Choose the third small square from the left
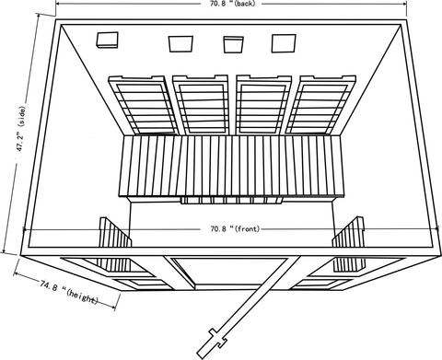coord(232,43)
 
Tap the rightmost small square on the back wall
coord(280,42)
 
